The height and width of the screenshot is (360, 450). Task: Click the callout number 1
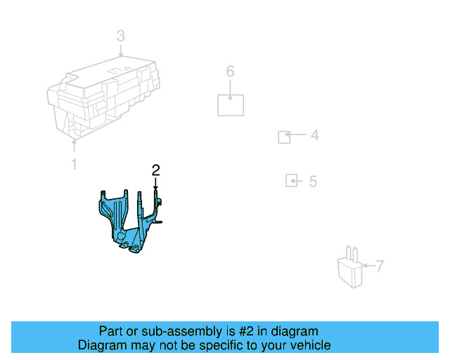pos(74,165)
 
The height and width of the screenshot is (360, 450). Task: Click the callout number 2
pos(155,169)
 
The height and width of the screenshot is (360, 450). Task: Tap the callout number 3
pos(121,36)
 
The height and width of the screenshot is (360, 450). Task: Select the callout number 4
pos(314,135)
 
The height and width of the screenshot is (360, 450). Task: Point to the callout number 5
pos(313,182)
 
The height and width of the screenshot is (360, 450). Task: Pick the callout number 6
pos(230,71)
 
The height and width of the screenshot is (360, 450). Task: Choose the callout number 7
pos(380,266)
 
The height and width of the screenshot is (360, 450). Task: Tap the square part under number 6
pos(231,104)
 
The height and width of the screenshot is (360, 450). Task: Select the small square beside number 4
pos(284,136)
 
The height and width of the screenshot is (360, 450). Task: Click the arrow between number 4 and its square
pos(297,135)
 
